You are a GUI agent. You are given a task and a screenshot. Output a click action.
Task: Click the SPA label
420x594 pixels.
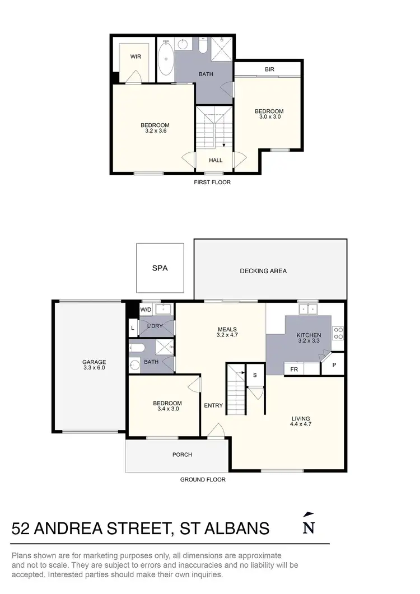tap(160, 268)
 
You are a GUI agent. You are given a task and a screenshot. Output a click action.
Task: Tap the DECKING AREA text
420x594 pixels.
tap(263, 271)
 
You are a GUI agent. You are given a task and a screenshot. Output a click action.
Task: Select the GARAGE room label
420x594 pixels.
tap(94, 362)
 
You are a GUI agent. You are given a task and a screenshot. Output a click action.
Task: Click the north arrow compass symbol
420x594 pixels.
tap(307, 524)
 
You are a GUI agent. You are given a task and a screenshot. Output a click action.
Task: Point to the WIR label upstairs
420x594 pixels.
tap(136, 57)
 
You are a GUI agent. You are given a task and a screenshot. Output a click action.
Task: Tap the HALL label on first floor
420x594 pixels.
tap(216, 160)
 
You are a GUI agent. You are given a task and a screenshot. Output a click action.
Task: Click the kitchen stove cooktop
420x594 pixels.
tap(338, 333)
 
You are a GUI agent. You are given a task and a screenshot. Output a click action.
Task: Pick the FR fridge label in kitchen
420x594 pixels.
tap(293, 370)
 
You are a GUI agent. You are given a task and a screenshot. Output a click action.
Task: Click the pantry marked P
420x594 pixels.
tap(334, 364)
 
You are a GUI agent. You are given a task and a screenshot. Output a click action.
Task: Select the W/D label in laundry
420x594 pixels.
tap(146, 309)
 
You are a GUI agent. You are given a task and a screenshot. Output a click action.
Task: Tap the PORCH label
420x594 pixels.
tap(183, 455)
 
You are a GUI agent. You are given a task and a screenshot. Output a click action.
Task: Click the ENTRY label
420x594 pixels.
tap(213, 406)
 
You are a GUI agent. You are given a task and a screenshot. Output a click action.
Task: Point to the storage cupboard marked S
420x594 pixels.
tap(254, 375)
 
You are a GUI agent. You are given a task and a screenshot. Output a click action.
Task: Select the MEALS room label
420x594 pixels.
tap(227, 329)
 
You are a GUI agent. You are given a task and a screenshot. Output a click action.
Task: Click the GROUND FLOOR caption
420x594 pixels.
tap(203, 480)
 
